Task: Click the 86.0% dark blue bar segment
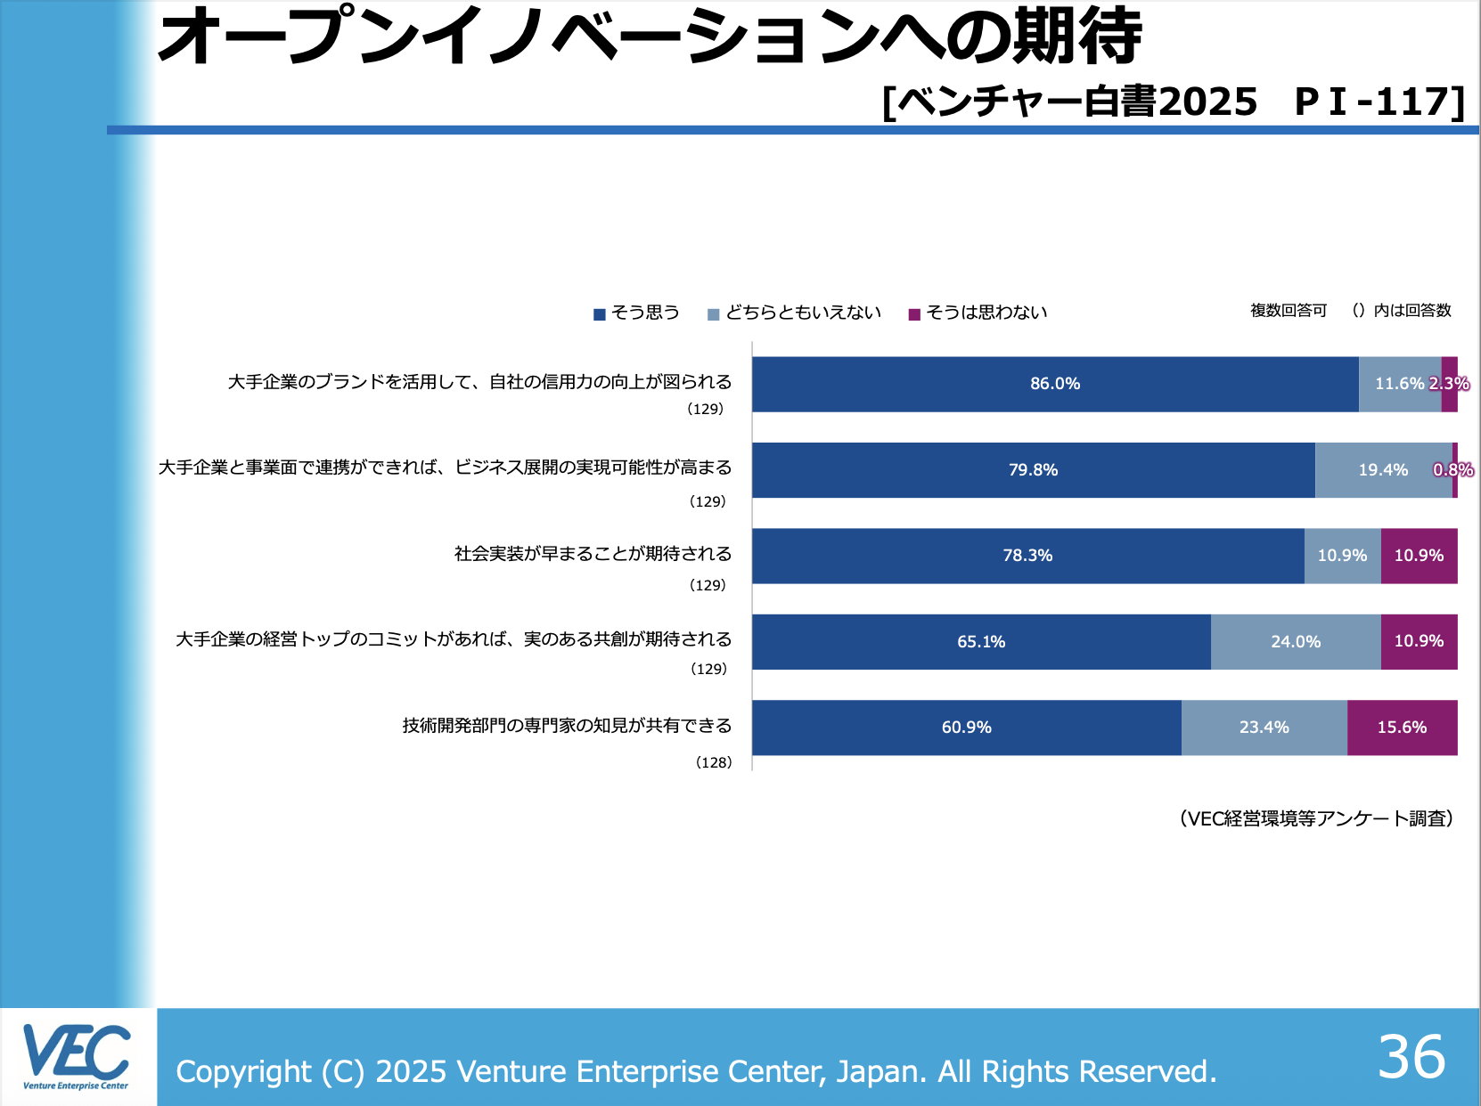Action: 1055,384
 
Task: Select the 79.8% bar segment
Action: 1033,470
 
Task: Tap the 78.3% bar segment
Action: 1027,556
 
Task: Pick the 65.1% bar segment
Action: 981,642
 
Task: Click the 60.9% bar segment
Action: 966,728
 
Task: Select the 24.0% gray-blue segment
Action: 1296,642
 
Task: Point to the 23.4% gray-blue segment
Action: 1264,728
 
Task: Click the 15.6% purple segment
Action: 1402,728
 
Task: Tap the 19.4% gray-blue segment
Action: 1383,470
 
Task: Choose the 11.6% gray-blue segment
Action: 1399,384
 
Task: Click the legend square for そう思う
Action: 600,314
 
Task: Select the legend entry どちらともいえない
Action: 802,313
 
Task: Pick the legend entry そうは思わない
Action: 986,313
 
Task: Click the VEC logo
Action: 77,1057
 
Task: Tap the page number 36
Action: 1411,1057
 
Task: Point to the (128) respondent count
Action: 714,762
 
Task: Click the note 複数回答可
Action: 1289,311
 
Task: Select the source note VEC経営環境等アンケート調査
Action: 1316,818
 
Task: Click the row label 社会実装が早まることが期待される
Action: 593,554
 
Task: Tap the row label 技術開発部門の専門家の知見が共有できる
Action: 567,726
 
